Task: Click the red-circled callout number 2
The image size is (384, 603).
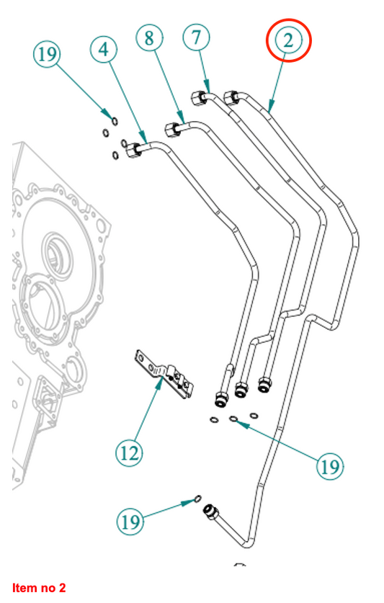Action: click(289, 40)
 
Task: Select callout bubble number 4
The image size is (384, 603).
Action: click(104, 50)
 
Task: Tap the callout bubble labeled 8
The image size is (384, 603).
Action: click(149, 38)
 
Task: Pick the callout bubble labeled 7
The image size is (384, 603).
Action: click(196, 37)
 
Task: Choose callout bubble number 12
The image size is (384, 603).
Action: click(129, 453)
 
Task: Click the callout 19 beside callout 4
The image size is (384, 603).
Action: click(47, 54)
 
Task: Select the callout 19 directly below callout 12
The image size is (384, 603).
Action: click(130, 522)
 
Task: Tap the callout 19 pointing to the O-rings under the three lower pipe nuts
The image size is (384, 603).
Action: click(330, 467)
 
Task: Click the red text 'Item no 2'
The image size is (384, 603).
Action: click(39, 588)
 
